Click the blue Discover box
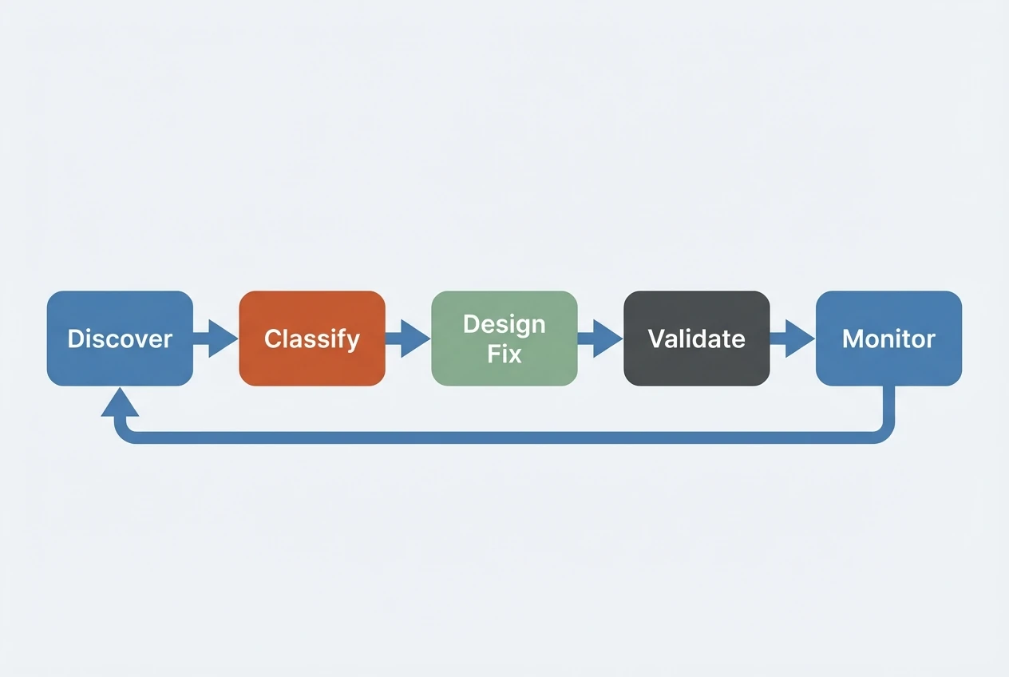(120, 338)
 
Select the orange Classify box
(312, 338)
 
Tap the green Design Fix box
(504, 338)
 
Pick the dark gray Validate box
(696, 338)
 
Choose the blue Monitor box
(888, 338)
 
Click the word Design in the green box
(504, 325)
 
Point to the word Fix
(504, 353)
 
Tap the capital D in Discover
(74, 338)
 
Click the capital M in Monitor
(853, 338)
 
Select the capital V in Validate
(655, 338)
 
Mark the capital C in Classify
(273, 338)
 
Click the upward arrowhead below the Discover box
(120, 404)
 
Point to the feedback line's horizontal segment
(503, 437)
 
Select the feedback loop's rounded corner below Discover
(124, 433)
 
